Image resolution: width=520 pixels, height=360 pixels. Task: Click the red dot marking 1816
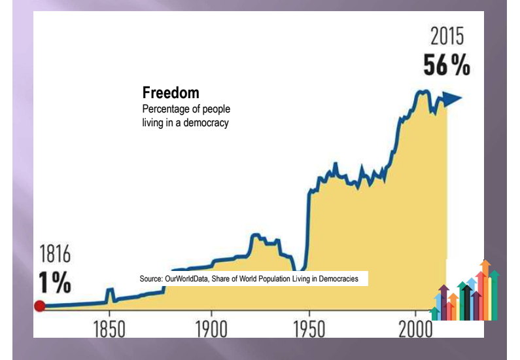tap(39, 306)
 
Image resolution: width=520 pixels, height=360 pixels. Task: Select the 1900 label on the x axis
tap(211, 328)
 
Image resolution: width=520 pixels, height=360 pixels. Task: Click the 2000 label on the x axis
tap(415, 328)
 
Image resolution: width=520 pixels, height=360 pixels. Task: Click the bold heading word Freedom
tap(171, 93)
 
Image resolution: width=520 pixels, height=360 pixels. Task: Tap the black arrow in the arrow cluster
tap(466, 301)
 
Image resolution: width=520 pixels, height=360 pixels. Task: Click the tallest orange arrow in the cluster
tap(485, 288)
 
